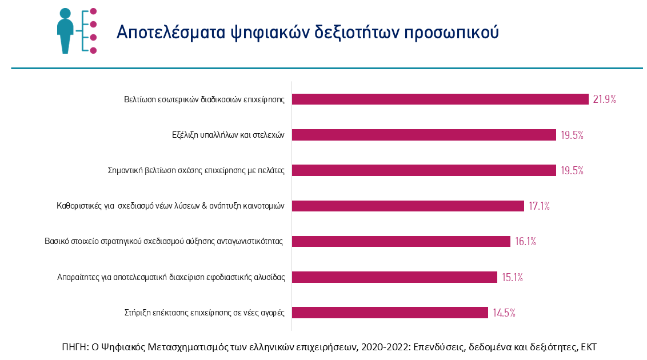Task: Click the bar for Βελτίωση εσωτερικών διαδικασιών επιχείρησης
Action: coord(440,99)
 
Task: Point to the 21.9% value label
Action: coord(604,99)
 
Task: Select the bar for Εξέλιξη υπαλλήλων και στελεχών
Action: coord(424,135)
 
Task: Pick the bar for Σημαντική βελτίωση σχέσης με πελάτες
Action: coord(424,170)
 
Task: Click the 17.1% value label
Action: coord(538,206)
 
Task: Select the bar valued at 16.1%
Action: coord(401,242)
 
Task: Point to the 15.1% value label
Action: coord(512,278)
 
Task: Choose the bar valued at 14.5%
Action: coord(390,313)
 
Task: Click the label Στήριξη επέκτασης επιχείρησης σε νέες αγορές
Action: coord(204,313)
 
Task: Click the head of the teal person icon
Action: coord(65,14)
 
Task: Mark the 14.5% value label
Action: coord(505,313)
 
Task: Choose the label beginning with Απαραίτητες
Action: coord(171,278)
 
